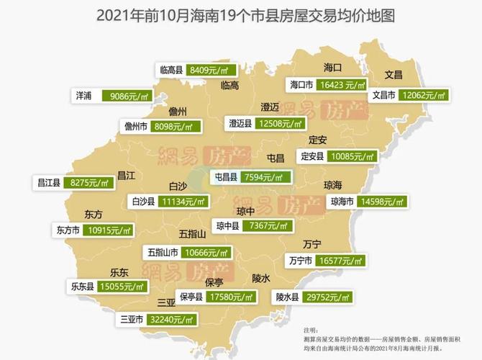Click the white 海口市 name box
301,85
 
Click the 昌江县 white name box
47,184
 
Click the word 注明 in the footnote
311,328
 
